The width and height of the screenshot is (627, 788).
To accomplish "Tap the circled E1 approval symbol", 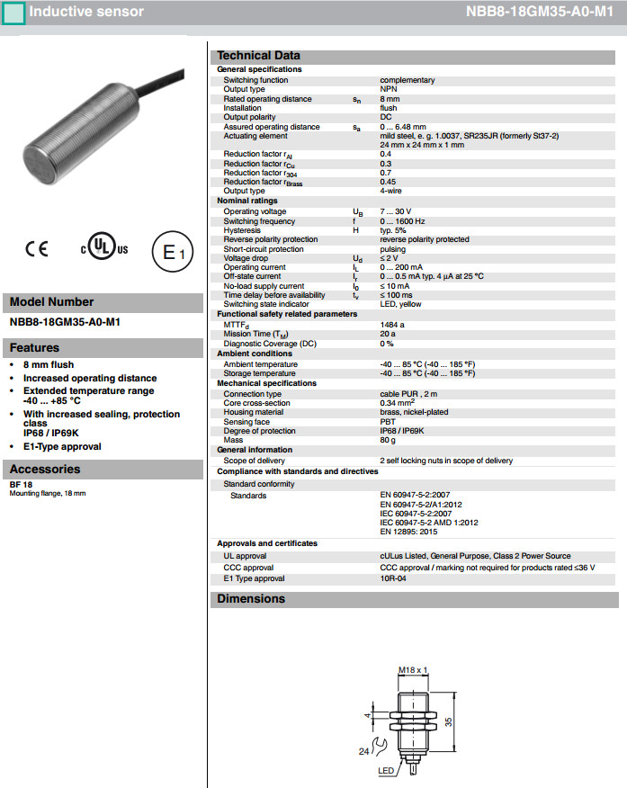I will point(173,253).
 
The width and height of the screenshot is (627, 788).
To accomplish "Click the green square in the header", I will point(14,13).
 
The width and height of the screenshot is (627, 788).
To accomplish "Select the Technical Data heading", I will point(259,56).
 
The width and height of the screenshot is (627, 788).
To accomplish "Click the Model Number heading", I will point(51,302).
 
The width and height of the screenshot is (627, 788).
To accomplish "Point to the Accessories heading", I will point(45,469).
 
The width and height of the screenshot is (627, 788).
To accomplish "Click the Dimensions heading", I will point(251,599).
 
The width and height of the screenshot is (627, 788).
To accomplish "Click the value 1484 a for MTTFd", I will point(392,324).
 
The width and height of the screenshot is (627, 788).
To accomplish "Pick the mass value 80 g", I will point(388,440).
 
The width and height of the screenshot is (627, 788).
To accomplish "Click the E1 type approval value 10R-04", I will point(394,578).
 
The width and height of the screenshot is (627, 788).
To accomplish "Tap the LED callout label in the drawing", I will point(385,772).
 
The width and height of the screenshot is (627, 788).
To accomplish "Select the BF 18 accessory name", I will point(22,485).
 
